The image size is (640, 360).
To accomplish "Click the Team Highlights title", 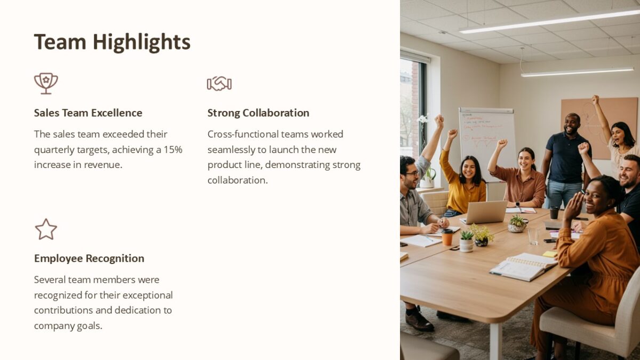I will pyautogui.click(x=112, y=42).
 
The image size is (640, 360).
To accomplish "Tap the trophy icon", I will pyautogui.click(x=46, y=83).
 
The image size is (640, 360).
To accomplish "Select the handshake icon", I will pyautogui.click(x=219, y=83).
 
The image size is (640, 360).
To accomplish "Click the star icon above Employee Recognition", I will pyautogui.click(x=46, y=229).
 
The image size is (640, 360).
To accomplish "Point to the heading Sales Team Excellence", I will pyautogui.click(x=88, y=113).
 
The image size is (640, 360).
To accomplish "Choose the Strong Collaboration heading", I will pyautogui.click(x=258, y=113).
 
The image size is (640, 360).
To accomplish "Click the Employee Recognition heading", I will pyautogui.click(x=89, y=259).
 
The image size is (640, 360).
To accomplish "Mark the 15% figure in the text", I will pyautogui.click(x=173, y=149).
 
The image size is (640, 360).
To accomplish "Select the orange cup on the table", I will pyautogui.click(x=447, y=237).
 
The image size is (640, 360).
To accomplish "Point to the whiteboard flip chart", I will pyautogui.click(x=487, y=136).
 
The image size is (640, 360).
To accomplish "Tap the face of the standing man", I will pyautogui.click(x=571, y=123).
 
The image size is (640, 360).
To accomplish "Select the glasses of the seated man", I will pyautogui.click(x=412, y=173).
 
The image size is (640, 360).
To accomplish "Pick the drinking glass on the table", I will pyautogui.click(x=533, y=236).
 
